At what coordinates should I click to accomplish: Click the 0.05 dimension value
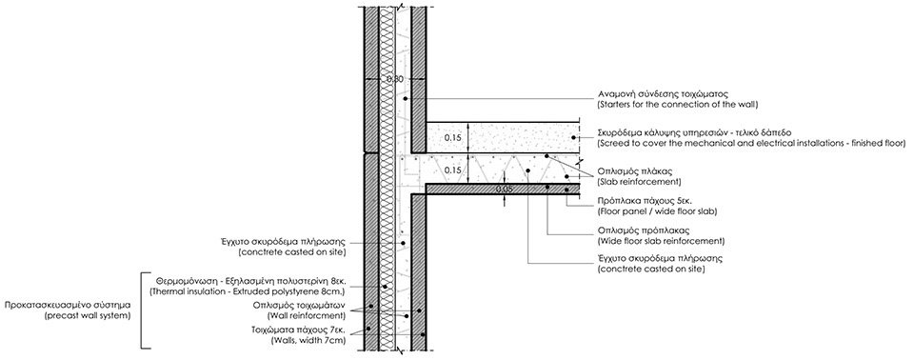(504, 190)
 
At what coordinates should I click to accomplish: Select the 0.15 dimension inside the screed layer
(453, 138)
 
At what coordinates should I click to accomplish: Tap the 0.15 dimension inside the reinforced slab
(453, 170)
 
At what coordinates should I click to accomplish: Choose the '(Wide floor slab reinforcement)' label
(661, 240)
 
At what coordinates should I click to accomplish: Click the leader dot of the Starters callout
(407, 99)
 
